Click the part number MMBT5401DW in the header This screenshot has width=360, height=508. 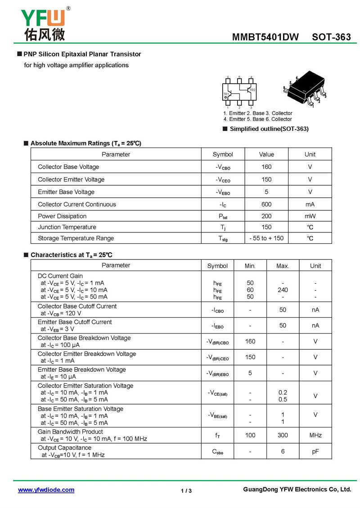click(x=265, y=37)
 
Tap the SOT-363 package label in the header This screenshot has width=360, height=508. click(x=331, y=37)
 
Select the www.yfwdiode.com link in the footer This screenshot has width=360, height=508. click(x=46, y=490)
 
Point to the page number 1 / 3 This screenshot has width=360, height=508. click(x=186, y=490)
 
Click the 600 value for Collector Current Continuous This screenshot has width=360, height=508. click(x=266, y=204)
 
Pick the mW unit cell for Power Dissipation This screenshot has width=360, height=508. click(x=310, y=216)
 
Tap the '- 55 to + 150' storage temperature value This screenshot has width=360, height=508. click(x=266, y=238)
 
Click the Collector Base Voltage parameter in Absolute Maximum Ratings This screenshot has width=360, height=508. click(x=68, y=167)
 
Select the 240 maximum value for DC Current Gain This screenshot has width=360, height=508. click(x=283, y=290)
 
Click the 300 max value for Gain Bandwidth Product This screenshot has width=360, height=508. click(x=283, y=435)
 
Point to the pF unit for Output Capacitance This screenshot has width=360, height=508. click(x=315, y=451)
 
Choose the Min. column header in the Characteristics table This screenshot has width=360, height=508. click(x=250, y=266)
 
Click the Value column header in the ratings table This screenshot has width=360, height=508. click(x=266, y=154)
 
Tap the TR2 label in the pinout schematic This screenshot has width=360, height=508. click(x=252, y=90)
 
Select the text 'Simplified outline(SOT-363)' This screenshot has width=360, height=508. click(x=269, y=129)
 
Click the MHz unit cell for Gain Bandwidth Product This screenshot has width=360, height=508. click(x=315, y=435)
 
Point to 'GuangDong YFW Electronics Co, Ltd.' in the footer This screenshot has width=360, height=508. click(x=297, y=489)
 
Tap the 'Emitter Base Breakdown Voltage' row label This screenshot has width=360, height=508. click(x=82, y=370)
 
